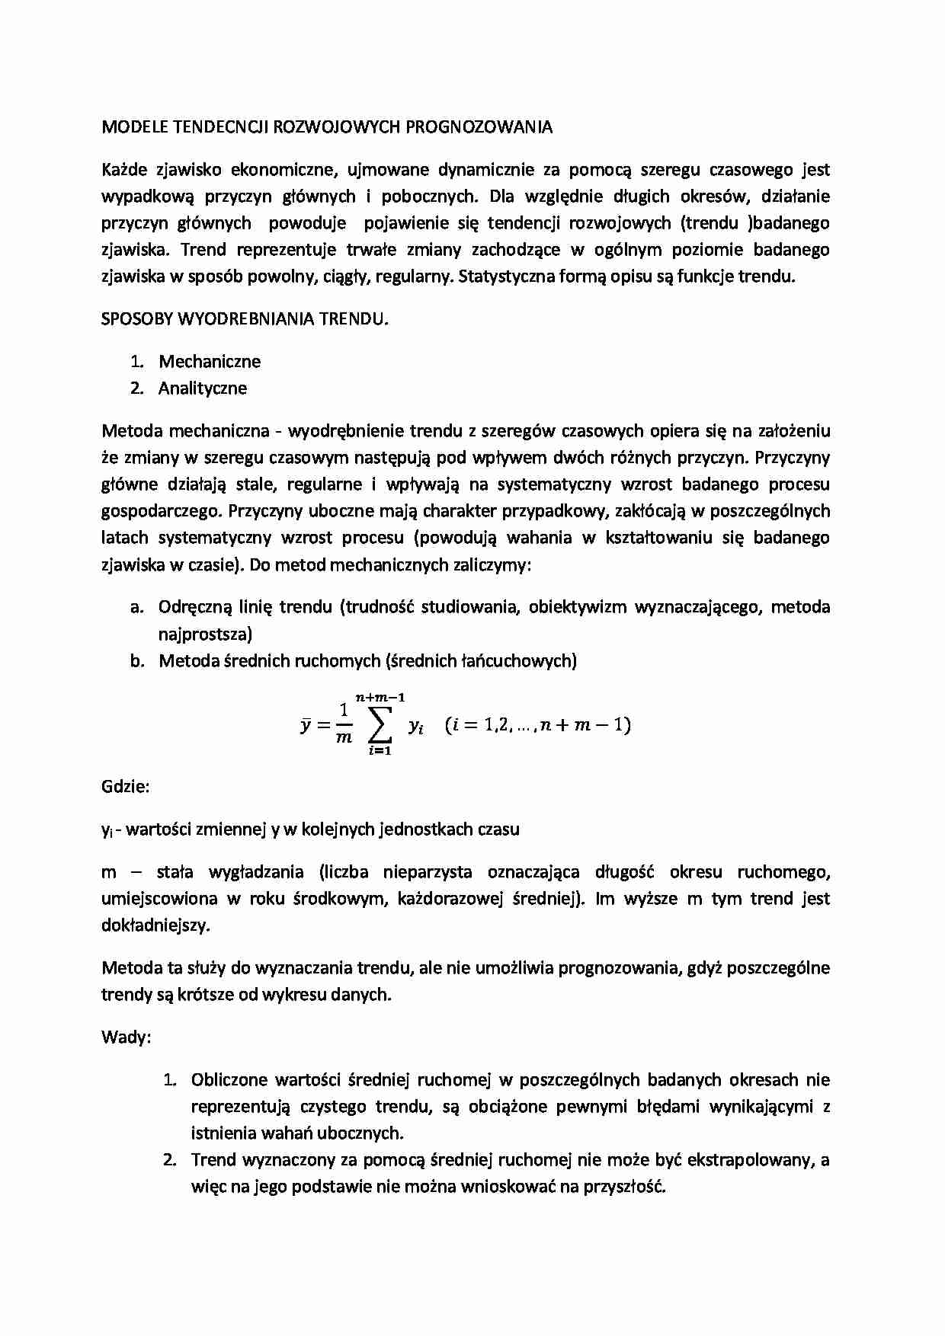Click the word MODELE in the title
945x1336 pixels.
click(127, 127)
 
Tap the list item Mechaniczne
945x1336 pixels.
click(210, 362)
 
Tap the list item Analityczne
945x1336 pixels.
click(203, 388)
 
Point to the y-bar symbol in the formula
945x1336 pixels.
click(305, 725)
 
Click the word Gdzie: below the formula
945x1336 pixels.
click(125, 787)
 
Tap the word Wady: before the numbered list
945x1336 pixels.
click(126, 1037)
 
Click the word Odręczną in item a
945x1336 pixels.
click(191, 607)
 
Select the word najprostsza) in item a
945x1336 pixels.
click(205, 634)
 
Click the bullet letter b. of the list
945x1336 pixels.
click(137, 661)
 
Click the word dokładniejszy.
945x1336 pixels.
click(155, 925)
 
